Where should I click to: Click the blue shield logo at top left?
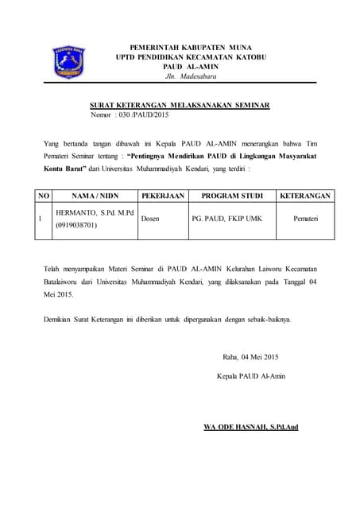click(x=69, y=60)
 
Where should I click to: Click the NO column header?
click(x=44, y=195)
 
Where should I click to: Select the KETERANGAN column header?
click(x=305, y=195)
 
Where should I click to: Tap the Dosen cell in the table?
click(x=151, y=218)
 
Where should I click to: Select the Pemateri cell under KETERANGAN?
click(x=305, y=218)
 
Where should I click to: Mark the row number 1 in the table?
click(x=41, y=218)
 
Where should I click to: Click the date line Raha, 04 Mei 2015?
click(x=250, y=356)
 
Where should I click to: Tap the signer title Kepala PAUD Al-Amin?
click(x=250, y=375)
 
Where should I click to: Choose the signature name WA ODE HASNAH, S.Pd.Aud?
click(x=250, y=427)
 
